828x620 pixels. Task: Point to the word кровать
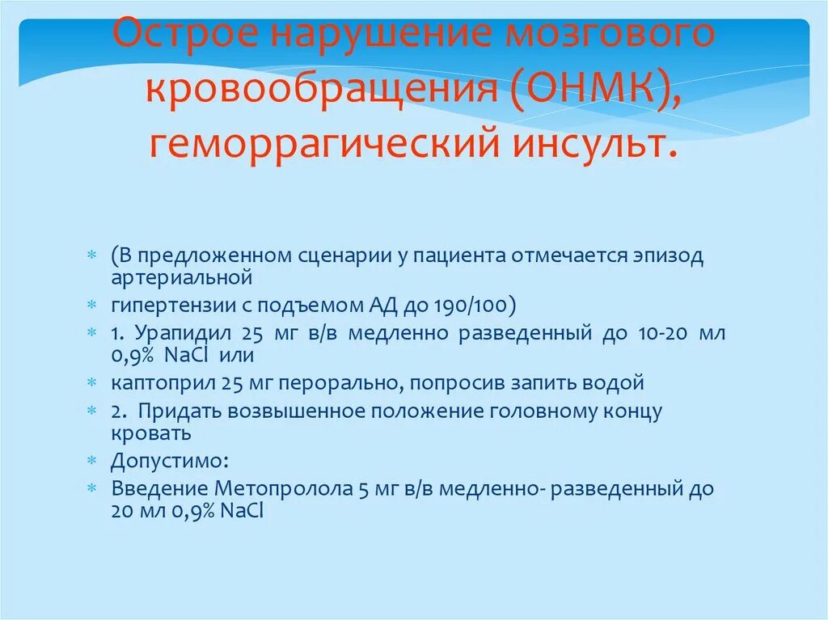151,433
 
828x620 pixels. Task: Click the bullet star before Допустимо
93,462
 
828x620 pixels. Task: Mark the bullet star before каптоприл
93,382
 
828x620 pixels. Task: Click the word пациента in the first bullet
455,256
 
